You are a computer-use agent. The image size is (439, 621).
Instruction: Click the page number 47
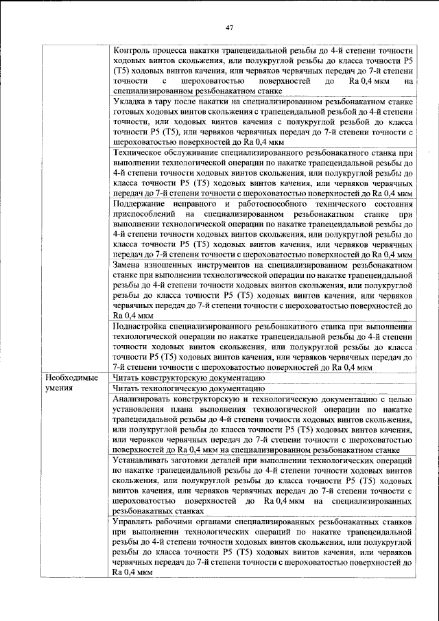click(230, 27)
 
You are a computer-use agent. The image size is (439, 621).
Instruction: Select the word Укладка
click(130, 100)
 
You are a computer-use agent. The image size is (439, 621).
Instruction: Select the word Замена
click(129, 262)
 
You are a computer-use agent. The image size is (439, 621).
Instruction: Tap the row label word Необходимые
click(72, 377)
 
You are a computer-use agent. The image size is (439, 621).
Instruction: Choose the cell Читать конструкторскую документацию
click(188, 377)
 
